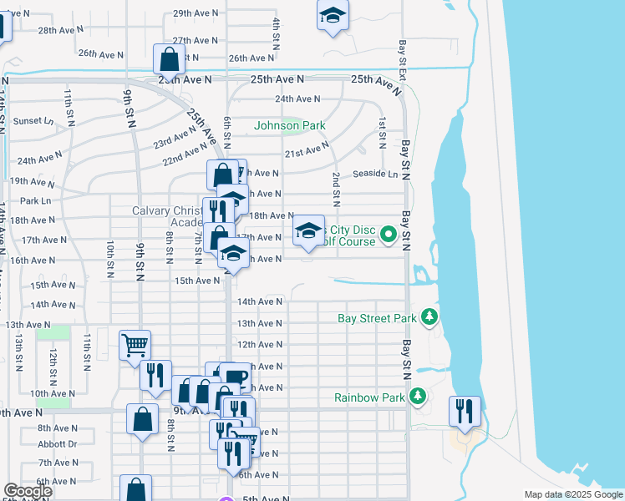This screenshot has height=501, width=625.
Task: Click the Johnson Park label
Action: coord(289,126)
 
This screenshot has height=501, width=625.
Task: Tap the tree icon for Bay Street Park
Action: coord(429,316)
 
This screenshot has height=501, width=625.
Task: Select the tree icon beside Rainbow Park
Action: coord(418,396)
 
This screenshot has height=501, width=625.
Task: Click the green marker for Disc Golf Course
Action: coord(388,236)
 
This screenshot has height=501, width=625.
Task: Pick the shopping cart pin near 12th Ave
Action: coord(135,344)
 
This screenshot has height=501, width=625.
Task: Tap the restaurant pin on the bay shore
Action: coord(465,411)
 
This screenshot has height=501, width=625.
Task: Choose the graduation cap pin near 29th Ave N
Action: coord(333,17)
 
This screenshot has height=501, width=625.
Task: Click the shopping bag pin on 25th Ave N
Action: coord(169,60)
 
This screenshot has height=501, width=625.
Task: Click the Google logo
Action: coord(28,491)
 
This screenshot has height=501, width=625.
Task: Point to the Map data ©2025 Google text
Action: coord(572,494)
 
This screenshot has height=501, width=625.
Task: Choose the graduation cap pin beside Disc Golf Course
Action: coord(308,231)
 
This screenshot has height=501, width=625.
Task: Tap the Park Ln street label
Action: coord(35,201)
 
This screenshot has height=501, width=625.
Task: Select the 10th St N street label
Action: coord(109,259)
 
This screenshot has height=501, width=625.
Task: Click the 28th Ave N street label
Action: coord(61,29)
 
